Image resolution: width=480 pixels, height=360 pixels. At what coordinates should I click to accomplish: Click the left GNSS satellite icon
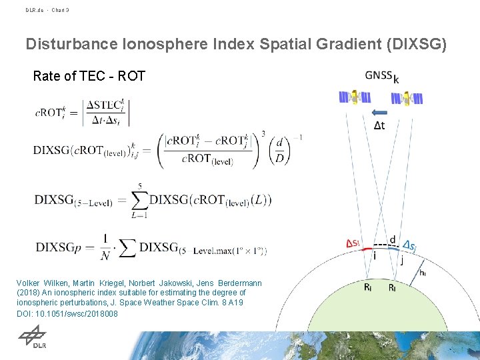(354, 98)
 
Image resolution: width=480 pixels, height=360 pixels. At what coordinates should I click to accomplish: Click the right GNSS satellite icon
(406, 98)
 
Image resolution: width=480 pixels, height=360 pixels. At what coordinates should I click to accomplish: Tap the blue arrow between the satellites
(380, 111)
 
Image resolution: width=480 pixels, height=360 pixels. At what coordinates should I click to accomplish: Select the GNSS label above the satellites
(379, 76)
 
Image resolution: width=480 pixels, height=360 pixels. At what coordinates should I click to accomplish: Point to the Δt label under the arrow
(379, 125)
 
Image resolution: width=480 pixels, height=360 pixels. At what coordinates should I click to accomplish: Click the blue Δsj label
(411, 247)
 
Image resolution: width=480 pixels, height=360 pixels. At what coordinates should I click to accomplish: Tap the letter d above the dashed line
(392, 239)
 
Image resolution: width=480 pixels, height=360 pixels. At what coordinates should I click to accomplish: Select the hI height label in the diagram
(424, 271)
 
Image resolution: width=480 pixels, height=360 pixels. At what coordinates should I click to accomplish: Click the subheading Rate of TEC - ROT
(89, 76)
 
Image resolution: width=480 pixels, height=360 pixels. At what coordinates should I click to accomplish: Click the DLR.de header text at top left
(35, 10)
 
